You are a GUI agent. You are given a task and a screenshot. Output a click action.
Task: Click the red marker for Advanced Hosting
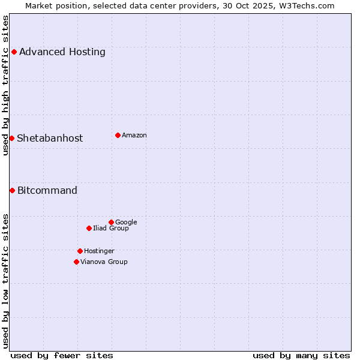point(14,52)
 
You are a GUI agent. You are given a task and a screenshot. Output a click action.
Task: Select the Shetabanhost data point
point(11,138)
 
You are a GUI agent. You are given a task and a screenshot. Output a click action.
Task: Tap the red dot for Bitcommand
point(12,190)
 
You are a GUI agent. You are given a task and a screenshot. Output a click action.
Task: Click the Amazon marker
point(118,135)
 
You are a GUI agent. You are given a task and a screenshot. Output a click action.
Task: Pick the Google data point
point(111,222)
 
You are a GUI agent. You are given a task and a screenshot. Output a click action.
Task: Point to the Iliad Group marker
point(89,228)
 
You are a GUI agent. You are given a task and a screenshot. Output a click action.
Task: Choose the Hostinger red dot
point(80,251)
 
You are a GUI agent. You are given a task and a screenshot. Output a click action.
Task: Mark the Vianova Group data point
point(76,262)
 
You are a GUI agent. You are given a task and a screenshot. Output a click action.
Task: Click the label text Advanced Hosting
point(62,52)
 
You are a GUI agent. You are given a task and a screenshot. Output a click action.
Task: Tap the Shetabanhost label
point(50,138)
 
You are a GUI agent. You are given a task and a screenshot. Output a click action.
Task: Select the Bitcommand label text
point(47,190)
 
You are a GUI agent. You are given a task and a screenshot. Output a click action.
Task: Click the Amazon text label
point(134,135)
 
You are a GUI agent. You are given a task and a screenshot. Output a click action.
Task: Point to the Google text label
point(126,222)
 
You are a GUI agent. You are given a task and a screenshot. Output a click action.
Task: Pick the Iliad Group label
point(111,228)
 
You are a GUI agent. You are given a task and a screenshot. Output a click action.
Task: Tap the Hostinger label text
point(99,251)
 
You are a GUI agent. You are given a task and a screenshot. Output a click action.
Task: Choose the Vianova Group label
point(104,262)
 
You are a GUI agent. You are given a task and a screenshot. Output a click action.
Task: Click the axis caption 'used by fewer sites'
point(62,355)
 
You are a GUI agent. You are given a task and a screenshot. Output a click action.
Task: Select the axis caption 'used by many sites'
point(301,355)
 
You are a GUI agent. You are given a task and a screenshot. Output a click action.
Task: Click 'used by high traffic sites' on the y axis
point(6,85)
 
